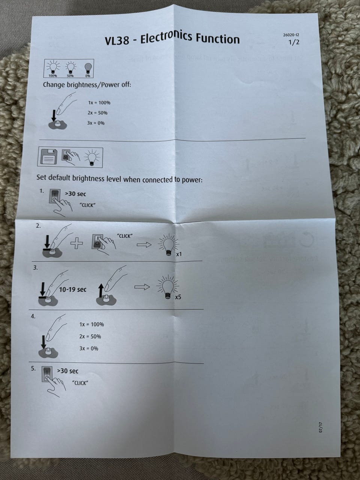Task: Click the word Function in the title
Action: (x=217, y=39)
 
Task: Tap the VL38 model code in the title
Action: (x=117, y=40)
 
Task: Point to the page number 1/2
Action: (x=294, y=42)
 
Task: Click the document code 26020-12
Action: (x=291, y=35)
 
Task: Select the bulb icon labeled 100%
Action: (x=53, y=68)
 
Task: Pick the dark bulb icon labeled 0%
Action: (x=87, y=69)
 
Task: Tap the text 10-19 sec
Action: (x=73, y=289)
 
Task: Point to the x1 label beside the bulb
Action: (x=179, y=255)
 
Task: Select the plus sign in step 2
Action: (x=76, y=243)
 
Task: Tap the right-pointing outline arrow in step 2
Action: (x=144, y=244)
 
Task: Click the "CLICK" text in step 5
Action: (x=80, y=383)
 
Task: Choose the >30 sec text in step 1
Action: (x=75, y=193)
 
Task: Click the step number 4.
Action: (x=33, y=316)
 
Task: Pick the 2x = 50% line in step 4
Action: (x=90, y=336)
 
